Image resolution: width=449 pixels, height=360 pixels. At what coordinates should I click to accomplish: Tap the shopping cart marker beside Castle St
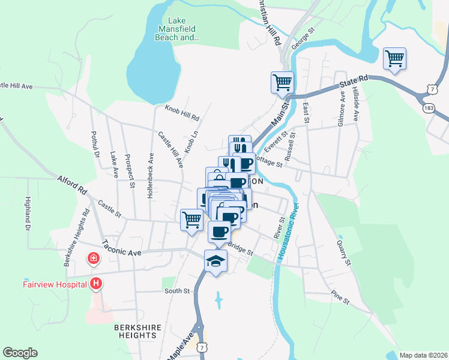click(x=191, y=220)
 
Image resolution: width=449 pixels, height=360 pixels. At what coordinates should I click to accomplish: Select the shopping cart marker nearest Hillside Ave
click(x=394, y=59)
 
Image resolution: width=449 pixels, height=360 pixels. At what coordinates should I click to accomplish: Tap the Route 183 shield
click(x=427, y=107)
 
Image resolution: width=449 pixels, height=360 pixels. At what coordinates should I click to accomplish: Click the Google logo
click(x=20, y=353)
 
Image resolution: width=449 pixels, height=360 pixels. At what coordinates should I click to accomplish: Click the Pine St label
click(x=339, y=297)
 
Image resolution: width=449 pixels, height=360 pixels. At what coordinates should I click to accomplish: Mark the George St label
click(x=303, y=37)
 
